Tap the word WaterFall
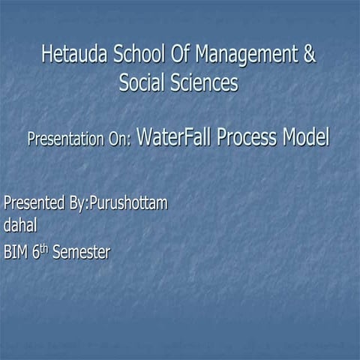point(172,138)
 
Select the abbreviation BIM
point(16,253)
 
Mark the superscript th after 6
point(44,248)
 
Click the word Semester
point(81,253)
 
